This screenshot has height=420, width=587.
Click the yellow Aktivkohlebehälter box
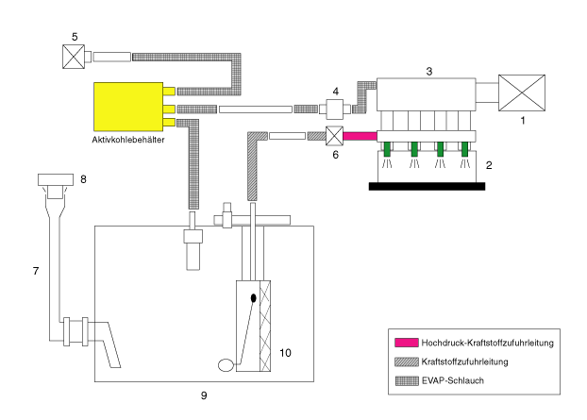click(x=128, y=107)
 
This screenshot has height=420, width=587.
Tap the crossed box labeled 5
click(x=74, y=57)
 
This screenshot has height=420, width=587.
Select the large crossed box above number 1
click(x=522, y=92)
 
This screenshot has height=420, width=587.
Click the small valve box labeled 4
click(x=335, y=109)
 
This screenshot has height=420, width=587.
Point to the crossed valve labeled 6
click(x=334, y=136)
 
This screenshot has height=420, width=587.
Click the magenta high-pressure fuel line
click(x=361, y=136)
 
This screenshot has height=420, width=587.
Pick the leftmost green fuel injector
click(x=387, y=149)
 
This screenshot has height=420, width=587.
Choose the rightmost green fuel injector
click(x=464, y=149)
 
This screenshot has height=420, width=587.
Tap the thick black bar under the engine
click(x=427, y=187)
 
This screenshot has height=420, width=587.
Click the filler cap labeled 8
click(x=56, y=179)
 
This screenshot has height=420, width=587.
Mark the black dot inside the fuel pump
click(x=254, y=298)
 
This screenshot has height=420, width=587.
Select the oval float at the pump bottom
click(x=226, y=365)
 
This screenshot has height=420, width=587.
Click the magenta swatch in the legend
click(x=407, y=343)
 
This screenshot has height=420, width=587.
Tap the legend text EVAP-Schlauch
click(x=453, y=380)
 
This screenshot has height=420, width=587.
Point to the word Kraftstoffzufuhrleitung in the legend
click(x=464, y=361)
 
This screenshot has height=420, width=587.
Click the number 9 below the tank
click(x=204, y=395)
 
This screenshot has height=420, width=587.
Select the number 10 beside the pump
click(x=285, y=353)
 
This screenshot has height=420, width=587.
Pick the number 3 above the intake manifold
click(x=429, y=71)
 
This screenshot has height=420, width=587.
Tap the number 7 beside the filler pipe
click(x=36, y=271)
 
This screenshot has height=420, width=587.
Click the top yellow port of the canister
click(x=169, y=91)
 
